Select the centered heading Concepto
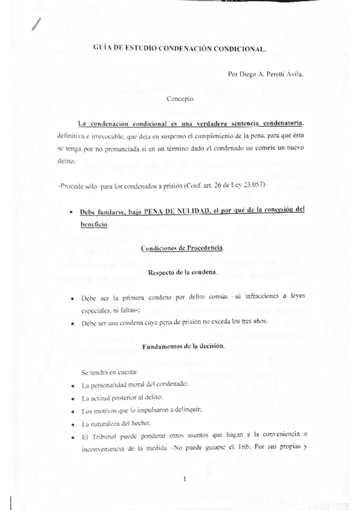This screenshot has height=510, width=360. pyautogui.click(x=180, y=97)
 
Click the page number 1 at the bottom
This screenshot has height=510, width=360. pyautogui.click(x=186, y=479)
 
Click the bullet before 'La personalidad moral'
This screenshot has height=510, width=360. pyautogui.click(x=73, y=384)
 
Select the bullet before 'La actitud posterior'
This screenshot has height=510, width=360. pyautogui.click(x=73, y=399)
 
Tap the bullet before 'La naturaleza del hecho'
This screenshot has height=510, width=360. pyautogui.click(x=73, y=425)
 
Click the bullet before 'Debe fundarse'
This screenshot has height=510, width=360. pyautogui.click(x=72, y=211)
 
